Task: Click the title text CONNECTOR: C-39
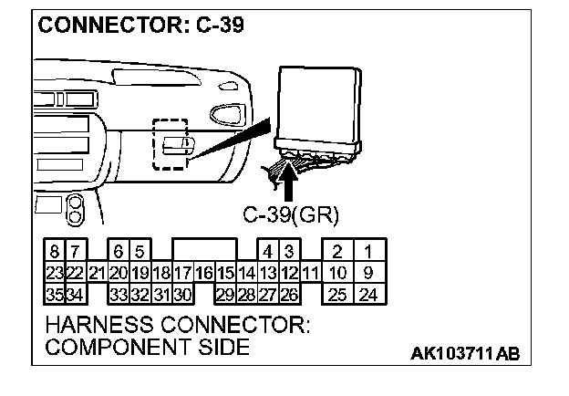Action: [140, 25]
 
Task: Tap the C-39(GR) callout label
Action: [291, 215]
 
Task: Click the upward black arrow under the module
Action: [289, 179]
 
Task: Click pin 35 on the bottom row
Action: [54, 294]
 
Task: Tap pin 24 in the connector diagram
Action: [368, 294]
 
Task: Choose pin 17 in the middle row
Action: [181, 272]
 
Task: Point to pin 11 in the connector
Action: [310, 272]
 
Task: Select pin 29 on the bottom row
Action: [224, 294]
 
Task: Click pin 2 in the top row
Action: [336, 251]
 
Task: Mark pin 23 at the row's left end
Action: [54, 272]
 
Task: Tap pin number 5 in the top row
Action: [140, 251]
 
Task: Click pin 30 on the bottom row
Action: [181, 294]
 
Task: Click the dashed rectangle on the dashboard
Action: [171, 144]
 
